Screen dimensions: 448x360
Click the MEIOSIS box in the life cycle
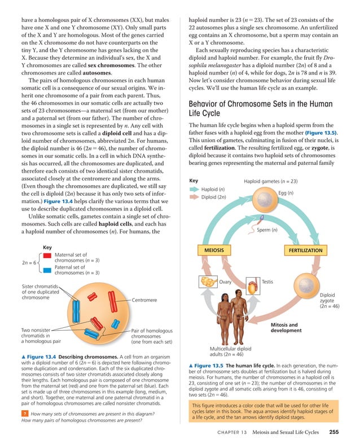coord(214,249)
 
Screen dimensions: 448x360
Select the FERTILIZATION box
coord(305,249)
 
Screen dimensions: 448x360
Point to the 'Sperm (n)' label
coord(267,230)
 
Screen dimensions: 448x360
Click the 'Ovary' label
coord(226,281)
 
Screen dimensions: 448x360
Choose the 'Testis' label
coord(267,281)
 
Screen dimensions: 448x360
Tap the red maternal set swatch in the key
coord(47,256)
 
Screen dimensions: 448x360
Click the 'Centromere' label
coord(144,300)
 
